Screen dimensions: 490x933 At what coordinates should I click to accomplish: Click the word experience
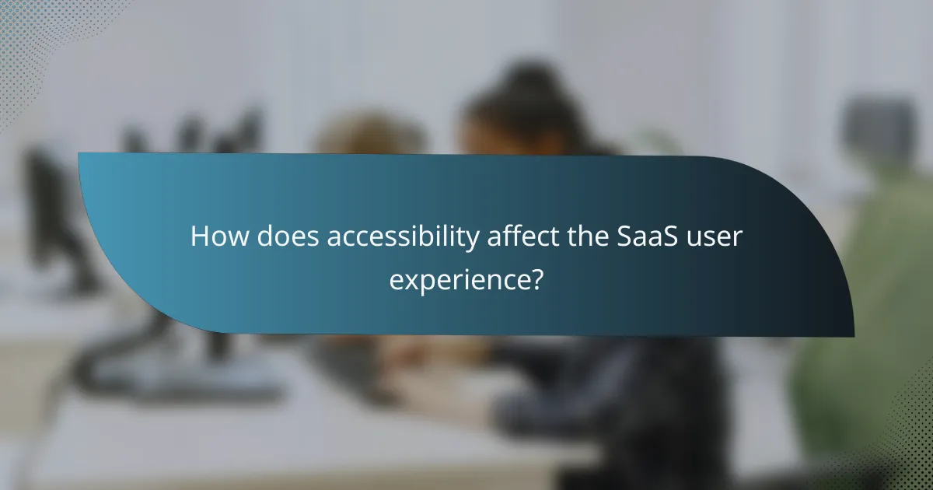[459, 278]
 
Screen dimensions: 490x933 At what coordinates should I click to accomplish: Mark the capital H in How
[200, 237]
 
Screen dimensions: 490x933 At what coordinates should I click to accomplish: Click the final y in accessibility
[473, 241]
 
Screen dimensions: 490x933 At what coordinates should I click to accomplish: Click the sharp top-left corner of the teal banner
[79, 154]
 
